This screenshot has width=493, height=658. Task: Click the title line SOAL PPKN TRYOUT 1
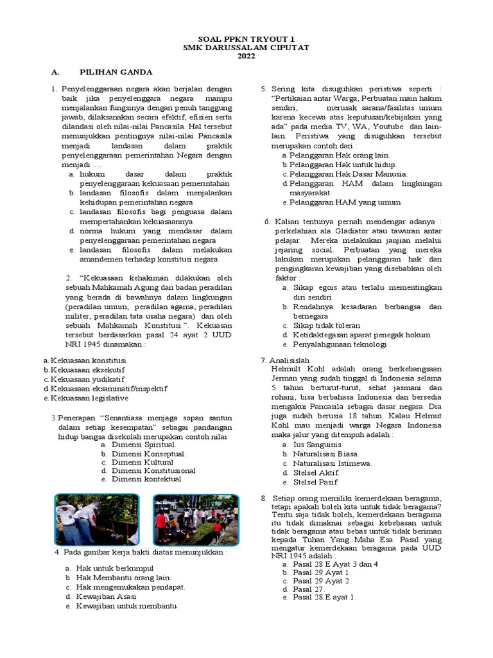(x=246, y=39)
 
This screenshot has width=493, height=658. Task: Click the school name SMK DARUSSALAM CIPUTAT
(x=246, y=48)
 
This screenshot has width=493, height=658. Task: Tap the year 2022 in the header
(x=246, y=57)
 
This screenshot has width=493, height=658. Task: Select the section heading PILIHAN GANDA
(x=116, y=72)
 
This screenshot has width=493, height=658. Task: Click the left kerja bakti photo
(x=96, y=519)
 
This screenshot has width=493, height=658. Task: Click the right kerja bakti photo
(x=196, y=519)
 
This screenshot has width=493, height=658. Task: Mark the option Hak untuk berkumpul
(x=112, y=569)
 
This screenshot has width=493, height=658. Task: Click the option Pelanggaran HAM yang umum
(x=345, y=202)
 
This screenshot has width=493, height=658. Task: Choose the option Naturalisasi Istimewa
(x=332, y=463)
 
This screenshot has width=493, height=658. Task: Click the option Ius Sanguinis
(x=316, y=444)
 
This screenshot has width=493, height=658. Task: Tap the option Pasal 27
(x=309, y=589)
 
